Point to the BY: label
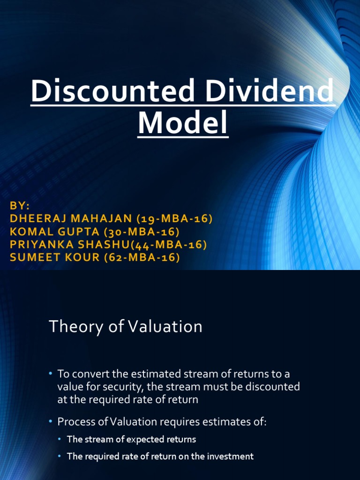click(19, 207)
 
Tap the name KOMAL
click(30, 232)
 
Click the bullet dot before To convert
click(51, 374)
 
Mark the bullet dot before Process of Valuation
click(51, 421)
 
